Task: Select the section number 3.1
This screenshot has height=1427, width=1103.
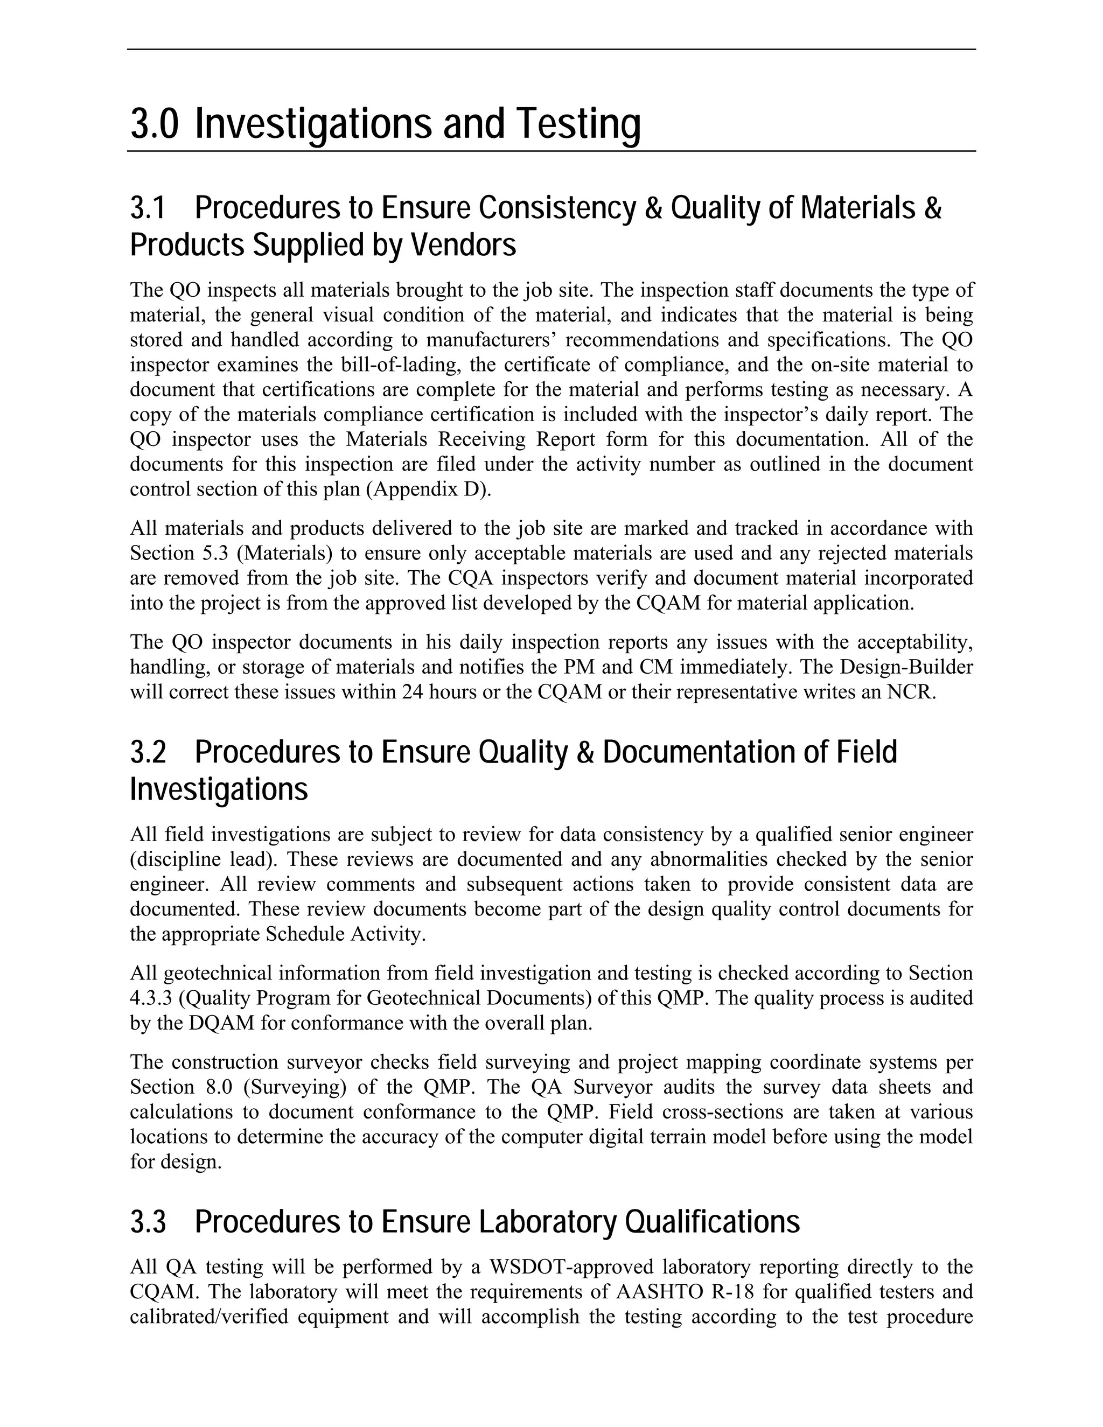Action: [x=148, y=208]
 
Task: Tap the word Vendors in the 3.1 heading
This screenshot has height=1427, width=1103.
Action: [x=463, y=246]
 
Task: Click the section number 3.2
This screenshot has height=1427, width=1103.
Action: [x=148, y=753]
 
